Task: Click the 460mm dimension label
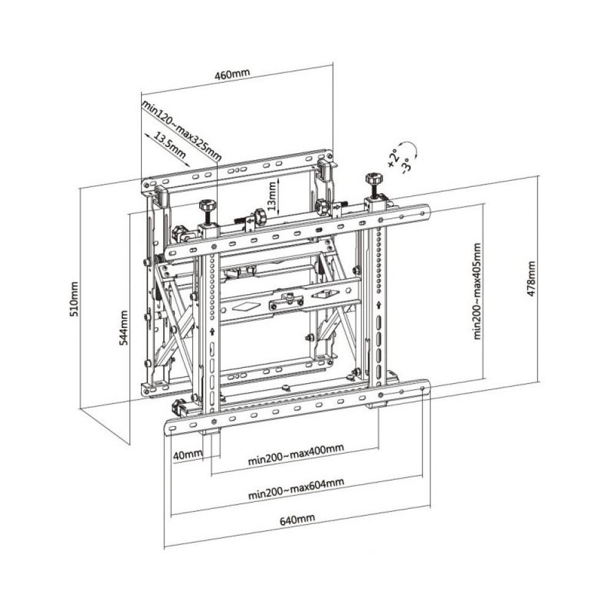[232, 75]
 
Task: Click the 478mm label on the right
[531, 279]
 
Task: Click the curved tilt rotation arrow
[413, 149]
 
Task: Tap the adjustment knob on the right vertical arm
[371, 181]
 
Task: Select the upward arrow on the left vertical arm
[211, 332]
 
